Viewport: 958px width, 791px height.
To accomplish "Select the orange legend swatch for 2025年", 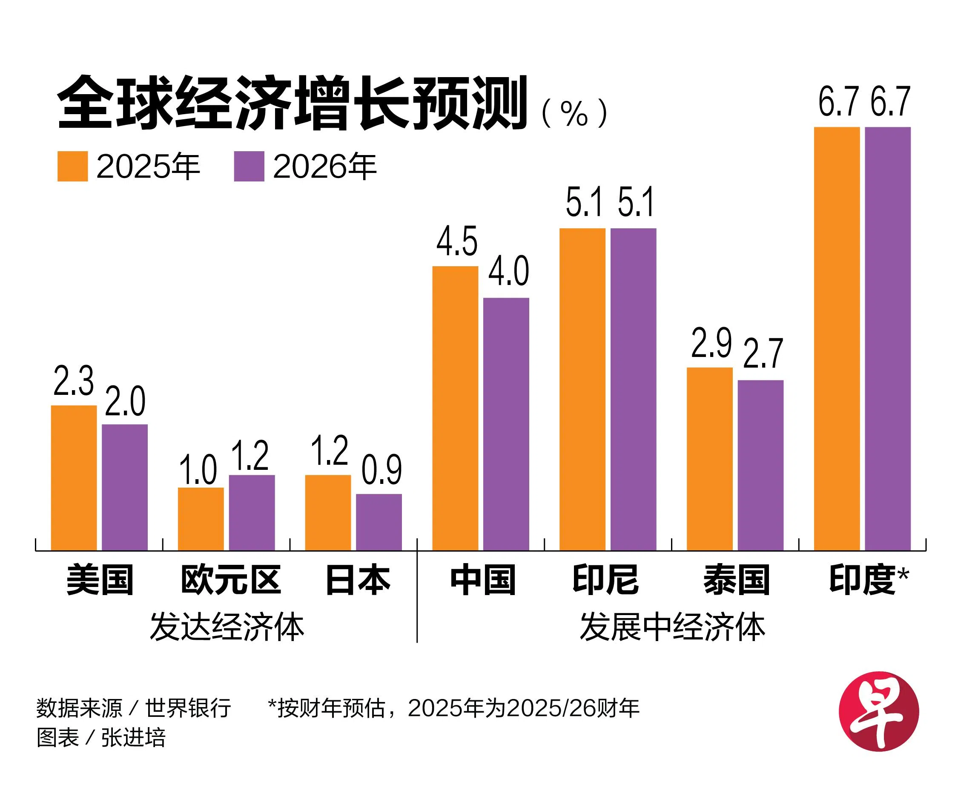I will point(72,166).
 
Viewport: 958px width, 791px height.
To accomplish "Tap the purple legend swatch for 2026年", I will point(249,166).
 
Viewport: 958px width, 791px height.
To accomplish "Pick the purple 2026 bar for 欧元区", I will point(252,512).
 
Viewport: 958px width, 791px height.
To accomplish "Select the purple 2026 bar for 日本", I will point(379,522).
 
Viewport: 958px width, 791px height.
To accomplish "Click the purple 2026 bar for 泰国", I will point(760,465).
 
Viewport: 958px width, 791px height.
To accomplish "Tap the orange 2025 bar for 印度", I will point(836,339).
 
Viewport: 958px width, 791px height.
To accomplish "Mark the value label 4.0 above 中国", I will point(508,272).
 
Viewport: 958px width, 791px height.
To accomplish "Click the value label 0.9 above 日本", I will point(381,470).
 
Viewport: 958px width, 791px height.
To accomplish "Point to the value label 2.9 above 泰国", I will point(711,342).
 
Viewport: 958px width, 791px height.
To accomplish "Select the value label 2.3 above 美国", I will point(73,381).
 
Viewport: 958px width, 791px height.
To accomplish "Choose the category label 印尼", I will point(605,580).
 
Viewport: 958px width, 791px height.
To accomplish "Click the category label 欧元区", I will point(231,580).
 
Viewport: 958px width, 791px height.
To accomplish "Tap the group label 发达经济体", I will point(227,627).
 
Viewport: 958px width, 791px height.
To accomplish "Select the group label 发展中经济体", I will point(672,627).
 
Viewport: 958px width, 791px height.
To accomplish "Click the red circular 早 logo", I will point(878,711).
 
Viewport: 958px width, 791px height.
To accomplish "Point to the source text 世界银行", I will point(188,708).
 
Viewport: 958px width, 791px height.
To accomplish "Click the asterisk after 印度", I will point(903,573).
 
